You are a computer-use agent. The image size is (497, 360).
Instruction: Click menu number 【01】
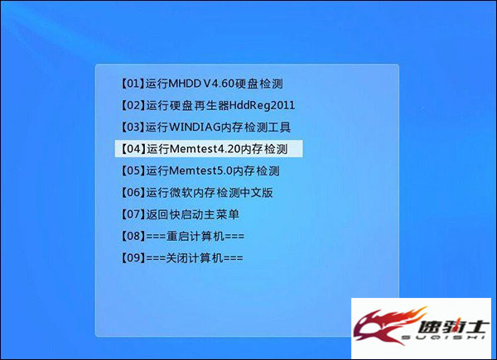(133, 84)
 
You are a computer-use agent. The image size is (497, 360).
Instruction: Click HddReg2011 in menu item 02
(262, 105)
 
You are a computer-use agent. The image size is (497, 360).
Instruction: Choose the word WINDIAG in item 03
(195, 127)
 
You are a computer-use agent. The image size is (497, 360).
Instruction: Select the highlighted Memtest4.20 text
(205, 149)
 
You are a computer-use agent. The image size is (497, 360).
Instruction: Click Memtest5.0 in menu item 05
(201, 170)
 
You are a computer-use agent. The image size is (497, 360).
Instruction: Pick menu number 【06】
(133, 192)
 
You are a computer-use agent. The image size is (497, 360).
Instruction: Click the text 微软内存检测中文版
(210, 193)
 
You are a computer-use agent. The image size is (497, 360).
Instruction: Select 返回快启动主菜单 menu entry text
(192, 214)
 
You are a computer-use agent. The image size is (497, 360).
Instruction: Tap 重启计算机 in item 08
(195, 236)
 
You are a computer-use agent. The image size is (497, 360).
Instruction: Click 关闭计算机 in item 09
(195, 258)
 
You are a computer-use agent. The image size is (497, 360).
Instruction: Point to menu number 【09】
(133, 257)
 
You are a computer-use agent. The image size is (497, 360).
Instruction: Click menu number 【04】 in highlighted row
(133, 149)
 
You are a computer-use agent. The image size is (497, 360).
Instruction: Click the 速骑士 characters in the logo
(451, 326)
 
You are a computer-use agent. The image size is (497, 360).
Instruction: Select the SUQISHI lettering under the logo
(443, 338)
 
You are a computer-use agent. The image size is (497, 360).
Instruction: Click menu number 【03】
(133, 127)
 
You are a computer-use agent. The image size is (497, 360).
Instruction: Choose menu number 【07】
(133, 214)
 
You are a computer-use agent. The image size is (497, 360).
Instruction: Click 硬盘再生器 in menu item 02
(200, 105)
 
